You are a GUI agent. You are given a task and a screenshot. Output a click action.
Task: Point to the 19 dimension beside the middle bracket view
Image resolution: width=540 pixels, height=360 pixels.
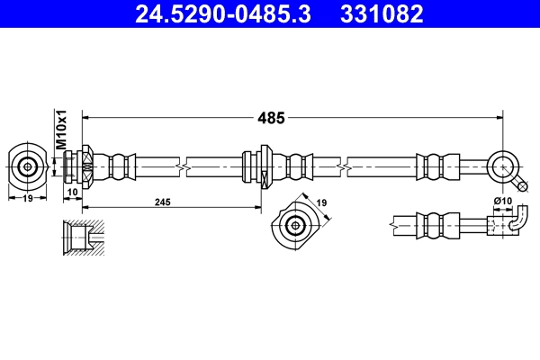(322, 203)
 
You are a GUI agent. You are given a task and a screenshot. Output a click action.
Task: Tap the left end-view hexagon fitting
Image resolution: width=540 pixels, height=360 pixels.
(28, 166)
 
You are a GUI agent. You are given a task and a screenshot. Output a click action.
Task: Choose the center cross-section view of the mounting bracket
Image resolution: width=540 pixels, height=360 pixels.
(292, 225)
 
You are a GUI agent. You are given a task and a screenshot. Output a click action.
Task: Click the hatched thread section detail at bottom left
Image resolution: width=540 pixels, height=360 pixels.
(81, 237)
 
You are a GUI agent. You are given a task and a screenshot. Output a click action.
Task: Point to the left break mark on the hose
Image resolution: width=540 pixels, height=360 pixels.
(184, 166)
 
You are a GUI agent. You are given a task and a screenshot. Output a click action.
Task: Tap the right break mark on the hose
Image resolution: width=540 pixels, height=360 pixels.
(346, 166)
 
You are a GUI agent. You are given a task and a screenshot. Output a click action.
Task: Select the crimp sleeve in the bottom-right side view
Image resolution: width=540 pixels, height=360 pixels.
(430, 225)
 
